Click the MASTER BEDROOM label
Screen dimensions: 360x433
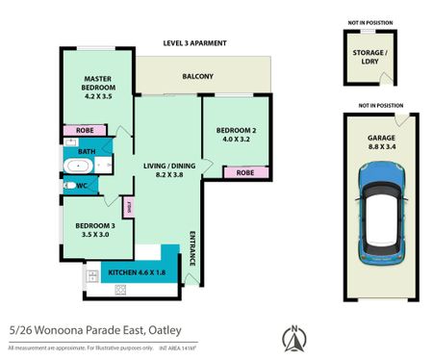pyautogui.click(x=98, y=87)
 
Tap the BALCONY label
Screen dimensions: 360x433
pyautogui.click(x=197, y=77)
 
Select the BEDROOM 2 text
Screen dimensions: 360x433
pyautogui.click(x=235, y=131)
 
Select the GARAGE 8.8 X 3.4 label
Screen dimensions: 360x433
pyautogui.click(x=381, y=142)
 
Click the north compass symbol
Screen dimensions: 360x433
pyautogui.click(x=293, y=337)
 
